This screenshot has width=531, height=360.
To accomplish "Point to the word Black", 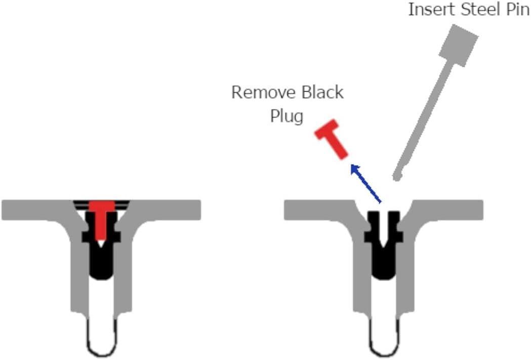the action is [322, 92].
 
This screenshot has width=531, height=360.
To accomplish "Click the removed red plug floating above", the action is [332, 139].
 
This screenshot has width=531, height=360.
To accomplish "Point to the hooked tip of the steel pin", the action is [397, 176].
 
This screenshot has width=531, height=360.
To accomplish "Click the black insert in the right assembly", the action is [383, 245].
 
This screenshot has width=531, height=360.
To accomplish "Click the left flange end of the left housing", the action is [10, 210].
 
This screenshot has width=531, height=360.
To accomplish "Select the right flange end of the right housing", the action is [474, 210].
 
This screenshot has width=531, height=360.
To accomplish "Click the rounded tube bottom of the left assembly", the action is [102, 349].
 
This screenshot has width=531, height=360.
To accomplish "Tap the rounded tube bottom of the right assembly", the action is [384, 349].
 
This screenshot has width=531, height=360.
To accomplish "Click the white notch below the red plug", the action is [101, 243].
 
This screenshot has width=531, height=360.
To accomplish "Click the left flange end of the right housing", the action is [293, 210].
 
